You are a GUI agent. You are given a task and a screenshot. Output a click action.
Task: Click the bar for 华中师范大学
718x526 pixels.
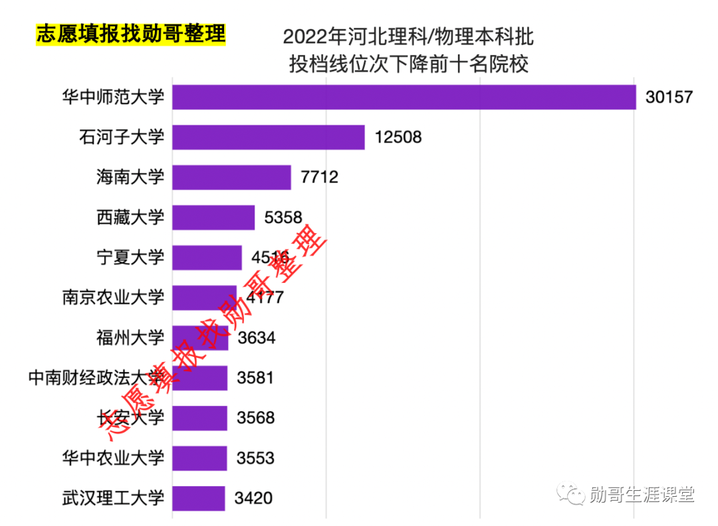(x=404, y=97)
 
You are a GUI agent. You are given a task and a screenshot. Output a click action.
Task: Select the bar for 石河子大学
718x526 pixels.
(x=269, y=137)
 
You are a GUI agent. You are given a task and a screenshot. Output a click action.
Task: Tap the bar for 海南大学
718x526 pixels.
(x=231, y=177)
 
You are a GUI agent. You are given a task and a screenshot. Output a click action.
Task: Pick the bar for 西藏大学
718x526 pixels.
(x=213, y=217)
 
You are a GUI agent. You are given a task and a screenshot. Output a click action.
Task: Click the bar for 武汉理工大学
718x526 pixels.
(x=198, y=498)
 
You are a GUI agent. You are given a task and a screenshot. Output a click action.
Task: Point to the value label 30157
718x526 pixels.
(x=669, y=98)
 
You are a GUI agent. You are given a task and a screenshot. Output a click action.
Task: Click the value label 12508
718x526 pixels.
(x=398, y=137)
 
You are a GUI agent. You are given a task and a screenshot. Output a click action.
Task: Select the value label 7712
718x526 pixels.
(x=320, y=177)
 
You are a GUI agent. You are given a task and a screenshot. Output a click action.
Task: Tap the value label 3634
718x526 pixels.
(x=257, y=338)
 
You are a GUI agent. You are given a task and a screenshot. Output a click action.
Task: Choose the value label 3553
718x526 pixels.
(x=255, y=458)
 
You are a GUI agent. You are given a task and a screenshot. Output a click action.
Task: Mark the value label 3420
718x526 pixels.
(x=254, y=498)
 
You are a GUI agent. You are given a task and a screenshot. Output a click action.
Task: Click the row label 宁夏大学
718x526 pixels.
(x=130, y=257)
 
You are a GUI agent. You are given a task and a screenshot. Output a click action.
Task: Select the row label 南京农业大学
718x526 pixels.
(x=113, y=297)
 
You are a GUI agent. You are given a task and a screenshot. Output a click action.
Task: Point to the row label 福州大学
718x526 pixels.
(x=130, y=338)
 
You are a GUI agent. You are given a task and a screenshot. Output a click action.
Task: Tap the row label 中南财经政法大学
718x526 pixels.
(x=96, y=379)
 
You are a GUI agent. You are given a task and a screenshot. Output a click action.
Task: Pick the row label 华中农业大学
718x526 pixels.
(x=113, y=458)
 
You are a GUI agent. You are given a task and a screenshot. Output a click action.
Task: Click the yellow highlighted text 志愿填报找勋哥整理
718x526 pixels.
(x=131, y=34)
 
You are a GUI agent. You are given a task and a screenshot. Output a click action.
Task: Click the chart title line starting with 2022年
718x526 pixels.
(x=408, y=37)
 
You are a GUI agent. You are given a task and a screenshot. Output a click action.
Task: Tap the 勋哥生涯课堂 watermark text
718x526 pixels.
(x=642, y=494)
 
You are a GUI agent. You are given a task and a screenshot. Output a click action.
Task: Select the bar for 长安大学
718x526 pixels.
(x=199, y=418)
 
